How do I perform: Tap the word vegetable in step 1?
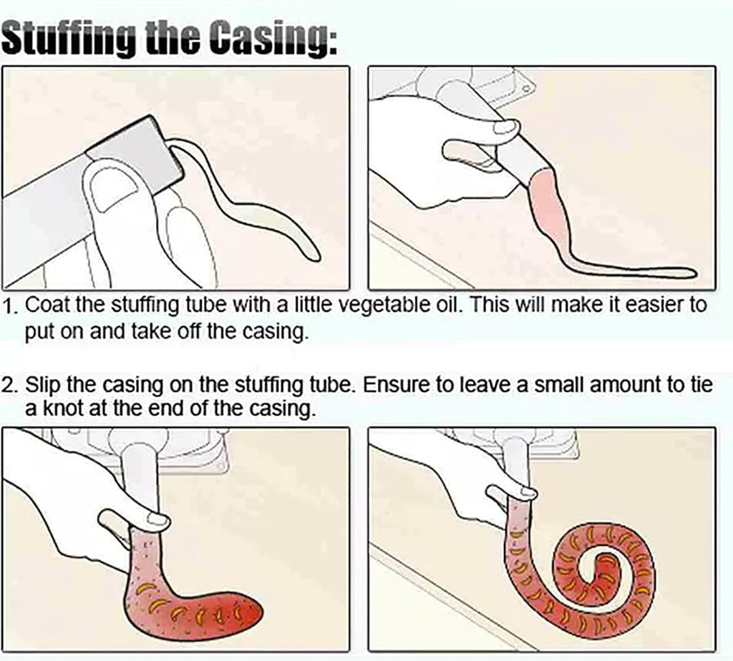click(382, 305)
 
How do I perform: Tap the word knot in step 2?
click(64, 408)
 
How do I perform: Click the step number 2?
click(9, 386)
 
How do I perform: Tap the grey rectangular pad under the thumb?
click(135, 150)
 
